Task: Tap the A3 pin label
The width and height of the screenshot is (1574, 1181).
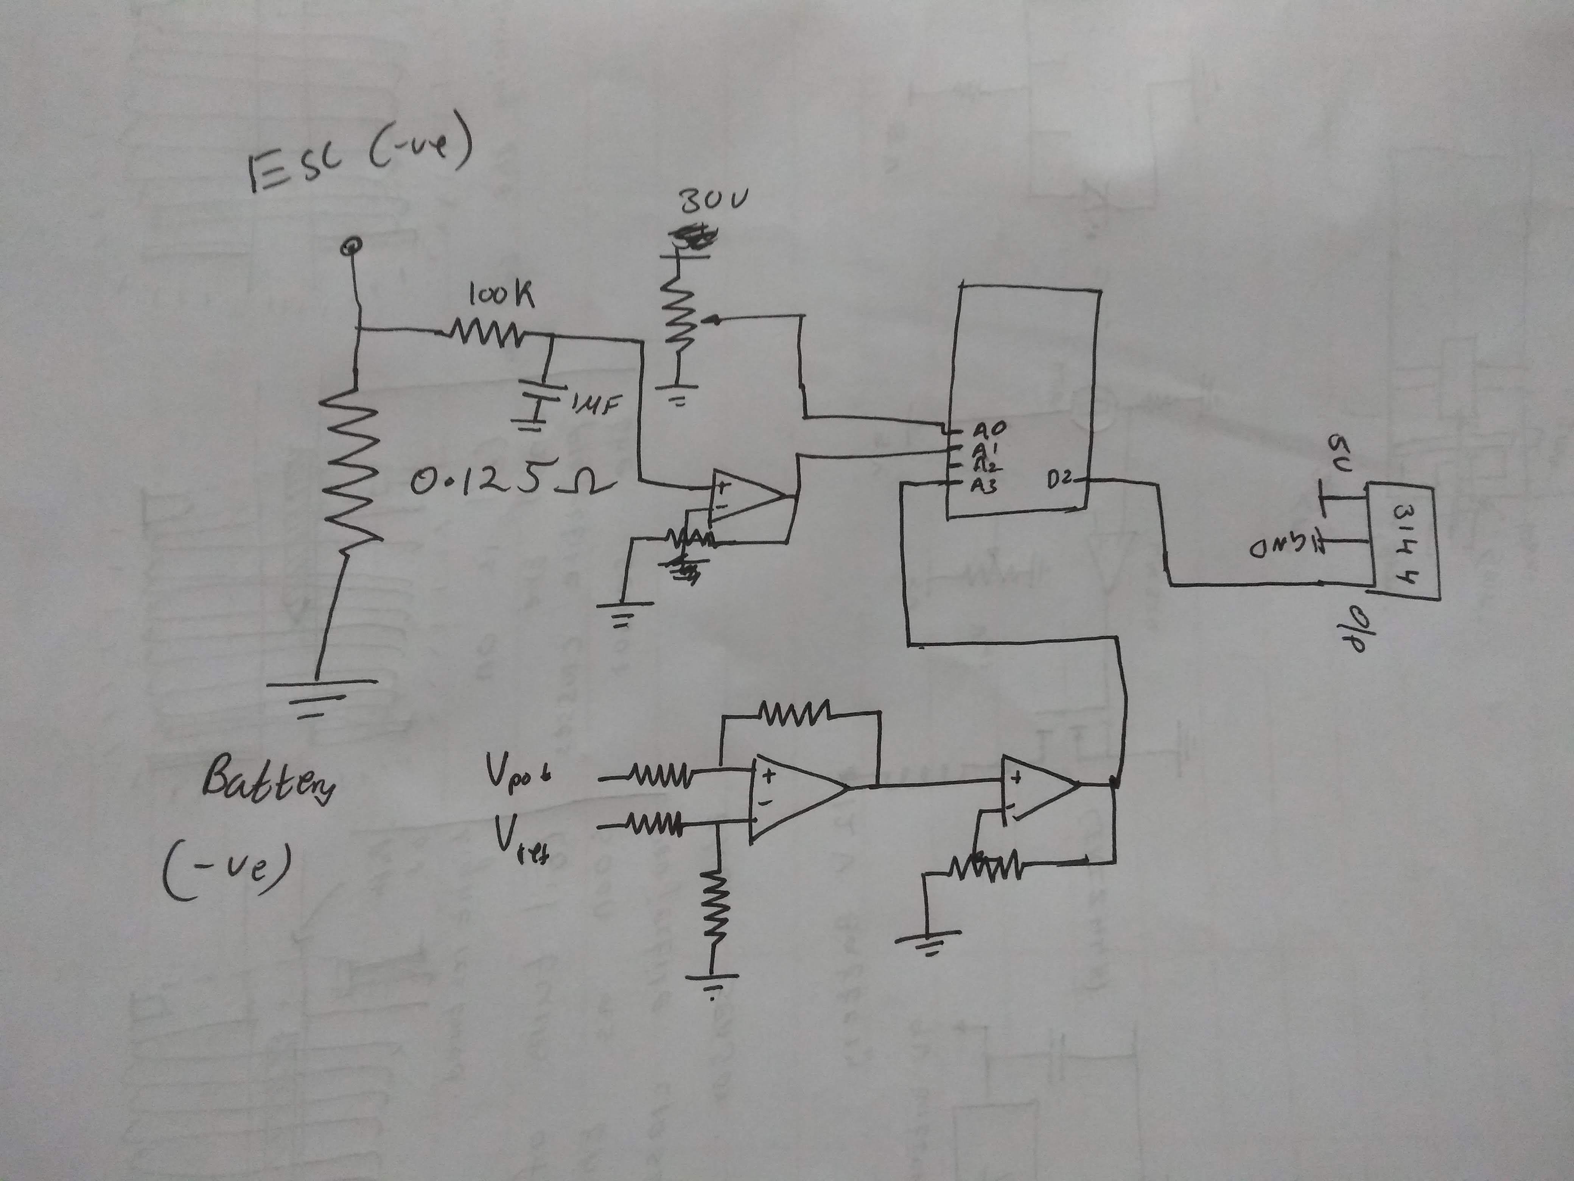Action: coord(986,486)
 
